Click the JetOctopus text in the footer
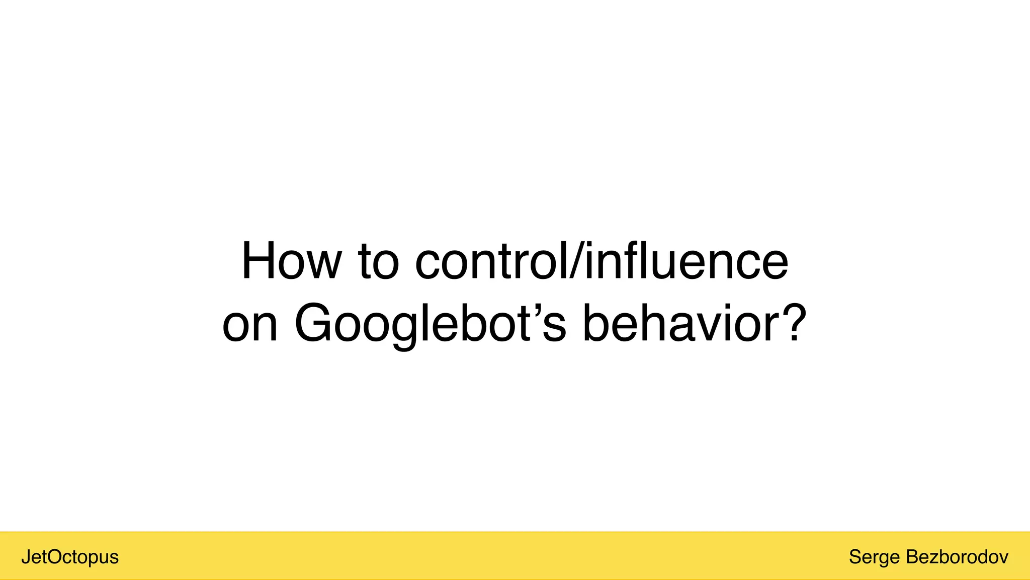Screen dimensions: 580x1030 click(70, 557)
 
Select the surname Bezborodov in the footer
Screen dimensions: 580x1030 click(957, 557)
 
